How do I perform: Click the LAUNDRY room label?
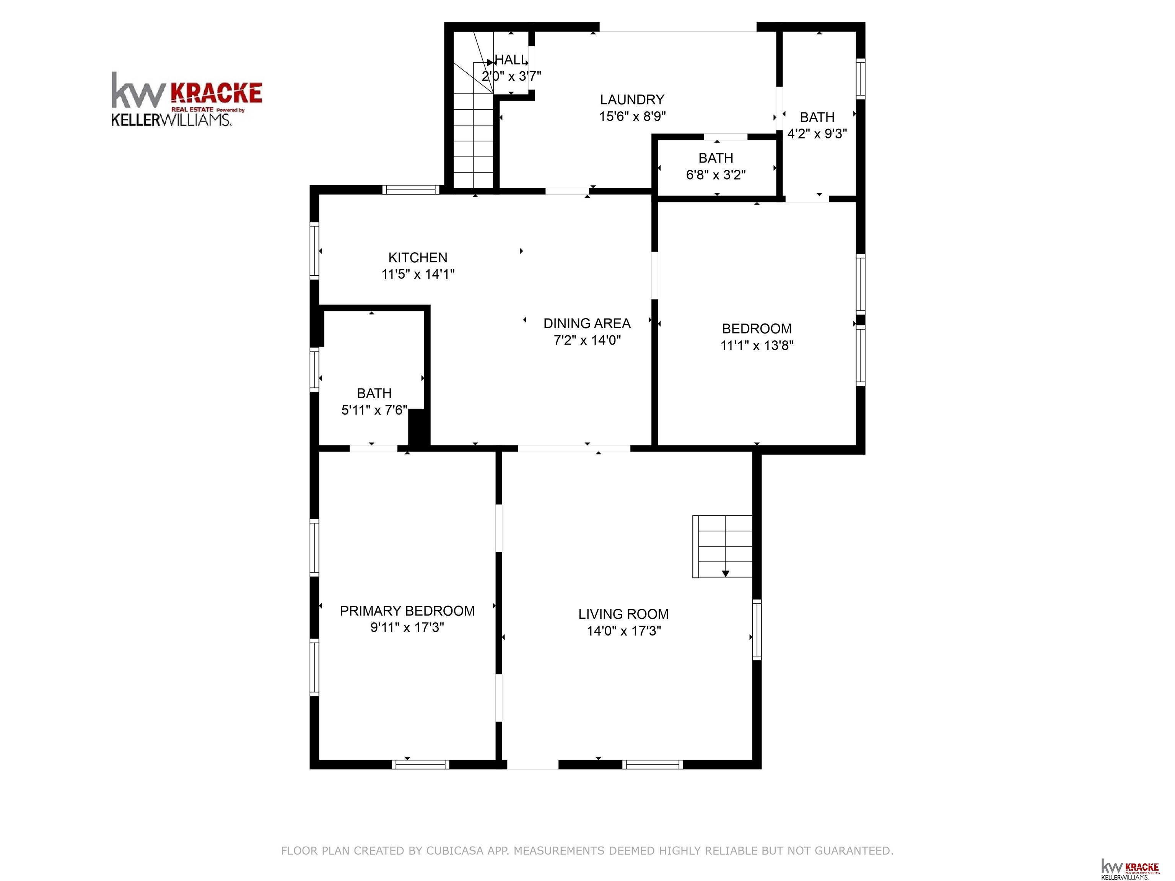pos(632,99)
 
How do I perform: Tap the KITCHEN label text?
pos(418,258)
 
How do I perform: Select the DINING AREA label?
pos(587,323)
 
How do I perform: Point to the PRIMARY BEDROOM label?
pos(407,611)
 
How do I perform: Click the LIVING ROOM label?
pos(623,614)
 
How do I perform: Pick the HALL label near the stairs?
pos(511,60)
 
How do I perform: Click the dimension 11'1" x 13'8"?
pos(757,346)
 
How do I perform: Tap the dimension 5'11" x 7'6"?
pos(374,410)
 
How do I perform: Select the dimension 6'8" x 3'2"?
pos(716,175)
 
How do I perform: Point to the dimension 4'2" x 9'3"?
pos(817,134)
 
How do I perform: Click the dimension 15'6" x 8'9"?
pos(632,116)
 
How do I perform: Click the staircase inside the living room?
pos(723,546)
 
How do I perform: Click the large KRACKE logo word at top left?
pos(216,93)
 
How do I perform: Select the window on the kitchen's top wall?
pos(411,190)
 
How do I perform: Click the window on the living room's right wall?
pos(757,630)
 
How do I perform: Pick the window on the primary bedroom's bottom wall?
pos(421,765)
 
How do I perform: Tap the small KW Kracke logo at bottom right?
pos(1130,868)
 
